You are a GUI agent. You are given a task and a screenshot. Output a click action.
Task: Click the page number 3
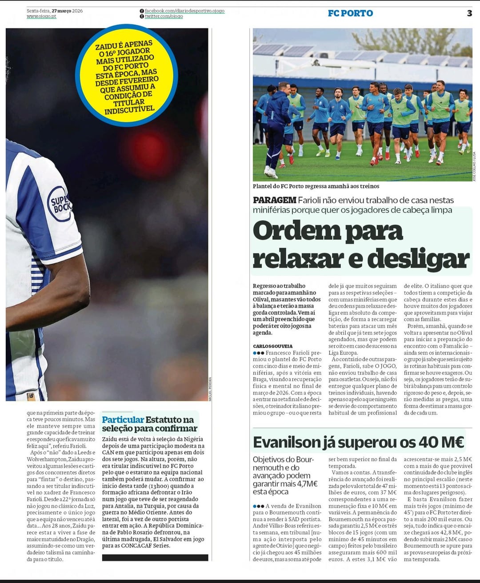pos(469,13)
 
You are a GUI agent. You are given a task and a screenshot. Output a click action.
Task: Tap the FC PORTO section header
pos(350,13)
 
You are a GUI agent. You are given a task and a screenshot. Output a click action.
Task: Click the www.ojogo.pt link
pos(41,16)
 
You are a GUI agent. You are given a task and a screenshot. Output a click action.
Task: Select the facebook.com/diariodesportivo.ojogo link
pos(184,11)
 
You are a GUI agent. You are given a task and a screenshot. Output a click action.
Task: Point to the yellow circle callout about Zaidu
pos(127,76)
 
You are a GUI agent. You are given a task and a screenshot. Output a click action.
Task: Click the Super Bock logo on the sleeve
pos(60,204)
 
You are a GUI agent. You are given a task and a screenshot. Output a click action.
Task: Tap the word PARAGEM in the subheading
pos(274,200)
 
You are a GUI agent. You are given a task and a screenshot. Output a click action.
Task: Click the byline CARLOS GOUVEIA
pos(273,346)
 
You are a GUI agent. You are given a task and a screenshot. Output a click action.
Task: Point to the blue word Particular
pos(123,419)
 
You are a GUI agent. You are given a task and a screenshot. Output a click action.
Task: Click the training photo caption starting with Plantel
pos(316,186)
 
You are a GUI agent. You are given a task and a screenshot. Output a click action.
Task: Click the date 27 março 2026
pos(67,11)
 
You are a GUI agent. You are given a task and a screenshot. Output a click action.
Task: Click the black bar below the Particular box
pos(155,558)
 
